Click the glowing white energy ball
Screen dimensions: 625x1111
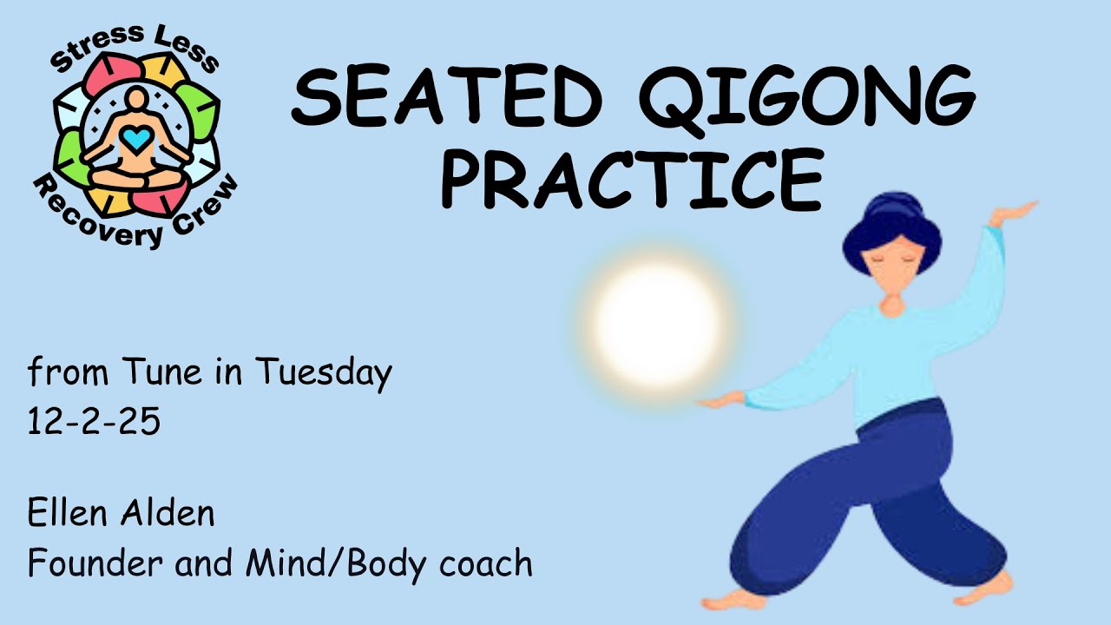(x=657, y=326)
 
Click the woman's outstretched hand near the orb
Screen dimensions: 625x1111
(x=720, y=401)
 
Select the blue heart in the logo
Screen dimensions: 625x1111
(x=136, y=138)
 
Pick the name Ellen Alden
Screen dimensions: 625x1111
(x=121, y=513)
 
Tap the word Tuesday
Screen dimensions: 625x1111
(x=323, y=374)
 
